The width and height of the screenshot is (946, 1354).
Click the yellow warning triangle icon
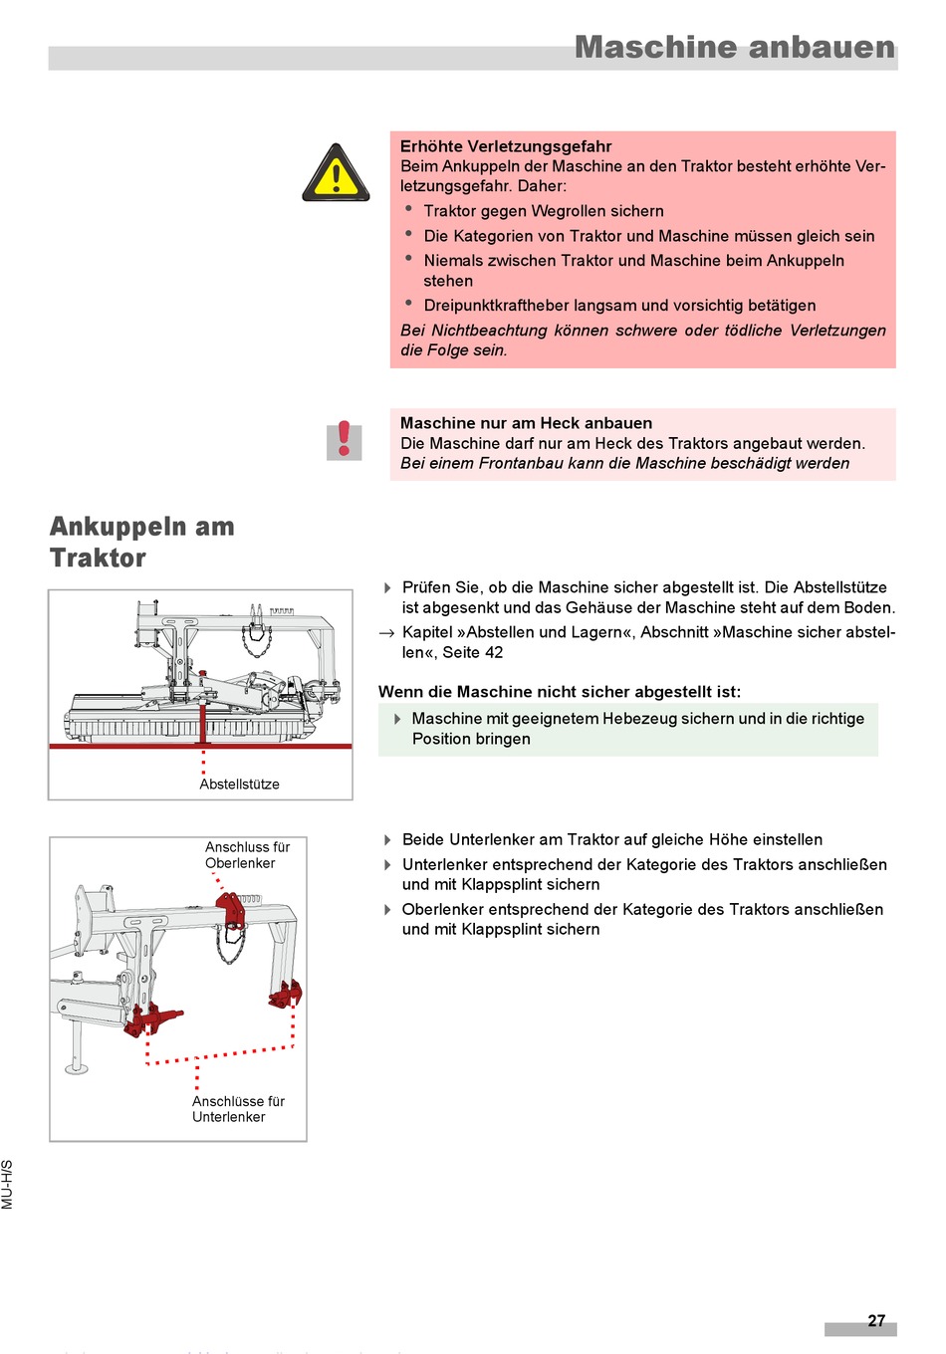337,174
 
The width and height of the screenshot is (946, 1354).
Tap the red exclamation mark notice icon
344,439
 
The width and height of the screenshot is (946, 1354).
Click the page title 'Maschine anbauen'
735,47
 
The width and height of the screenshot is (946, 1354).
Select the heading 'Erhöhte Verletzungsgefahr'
506,146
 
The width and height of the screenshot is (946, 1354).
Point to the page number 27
876,1321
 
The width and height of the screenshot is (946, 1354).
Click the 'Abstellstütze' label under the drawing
239,785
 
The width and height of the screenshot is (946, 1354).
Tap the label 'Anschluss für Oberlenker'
247,855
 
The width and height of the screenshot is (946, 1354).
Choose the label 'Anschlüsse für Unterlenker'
238,1109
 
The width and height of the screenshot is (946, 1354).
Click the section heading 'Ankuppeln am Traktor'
142,542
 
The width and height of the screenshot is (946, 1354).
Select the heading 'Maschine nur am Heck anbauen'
526,423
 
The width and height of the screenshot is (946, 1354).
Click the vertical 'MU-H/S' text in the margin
8,1185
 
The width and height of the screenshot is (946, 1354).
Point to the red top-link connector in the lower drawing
232,910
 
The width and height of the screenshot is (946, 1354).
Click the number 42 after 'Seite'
494,653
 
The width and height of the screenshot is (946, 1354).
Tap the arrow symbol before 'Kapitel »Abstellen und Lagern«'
386,633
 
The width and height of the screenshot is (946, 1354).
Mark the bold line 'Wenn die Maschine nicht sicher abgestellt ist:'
560,692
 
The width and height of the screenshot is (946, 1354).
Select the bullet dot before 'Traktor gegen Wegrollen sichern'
408,209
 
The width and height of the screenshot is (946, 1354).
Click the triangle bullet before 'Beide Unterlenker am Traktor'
387,840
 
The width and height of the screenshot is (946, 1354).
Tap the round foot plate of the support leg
76,1069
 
